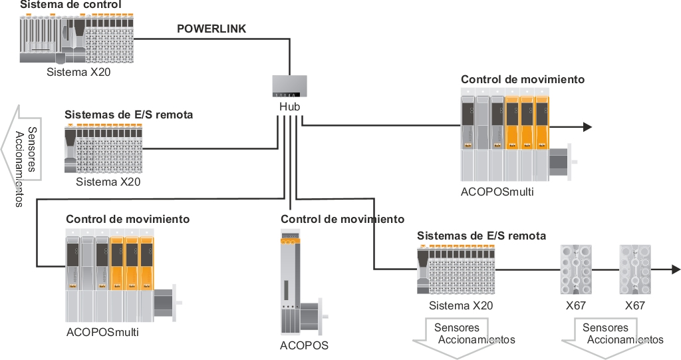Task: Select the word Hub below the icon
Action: [289, 107]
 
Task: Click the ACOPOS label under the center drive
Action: [304, 345]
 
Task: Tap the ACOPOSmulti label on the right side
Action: [497, 192]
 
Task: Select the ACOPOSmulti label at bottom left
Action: [102, 331]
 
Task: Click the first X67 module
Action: [575, 269]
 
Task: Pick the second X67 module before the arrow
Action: [634, 269]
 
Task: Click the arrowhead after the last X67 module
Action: [675, 269]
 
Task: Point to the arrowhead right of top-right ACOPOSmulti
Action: [587, 127]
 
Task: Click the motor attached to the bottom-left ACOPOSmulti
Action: [165, 303]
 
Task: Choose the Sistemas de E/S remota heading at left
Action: [129, 114]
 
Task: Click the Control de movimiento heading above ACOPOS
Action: [342, 219]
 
